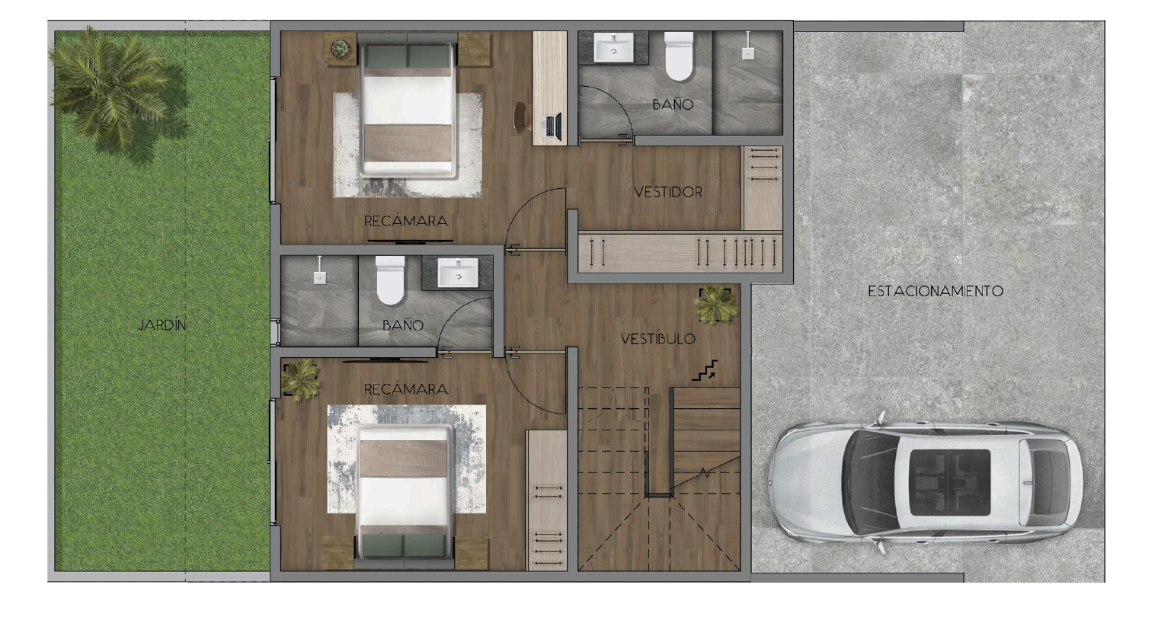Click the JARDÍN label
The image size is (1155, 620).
[x=162, y=325]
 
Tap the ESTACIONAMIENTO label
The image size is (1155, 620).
[x=936, y=291]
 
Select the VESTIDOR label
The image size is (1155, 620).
[x=667, y=192]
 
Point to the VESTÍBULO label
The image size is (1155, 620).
[x=658, y=339]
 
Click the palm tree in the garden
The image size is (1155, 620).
[x=111, y=88]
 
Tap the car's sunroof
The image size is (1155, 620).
[x=949, y=483]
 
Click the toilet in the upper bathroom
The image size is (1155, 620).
[x=679, y=56]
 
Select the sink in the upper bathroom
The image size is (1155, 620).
[x=613, y=47]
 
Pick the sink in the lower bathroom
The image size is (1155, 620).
[x=458, y=273]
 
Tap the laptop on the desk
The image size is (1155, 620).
[x=552, y=126]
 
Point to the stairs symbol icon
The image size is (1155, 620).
[x=704, y=371]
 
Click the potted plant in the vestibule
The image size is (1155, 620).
[x=715, y=305]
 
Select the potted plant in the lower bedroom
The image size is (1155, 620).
[x=300, y=380]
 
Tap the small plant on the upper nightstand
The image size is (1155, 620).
[x=341, y=49]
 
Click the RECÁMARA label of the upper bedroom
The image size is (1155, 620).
[x=406, y=222]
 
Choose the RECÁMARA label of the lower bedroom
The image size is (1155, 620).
[x=406, y=389]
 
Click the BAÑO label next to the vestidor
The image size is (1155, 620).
[x=673, y=104]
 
